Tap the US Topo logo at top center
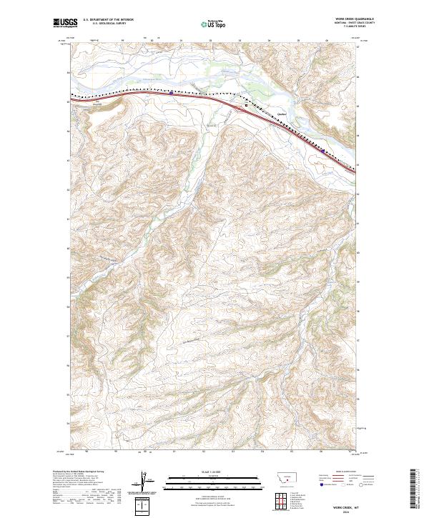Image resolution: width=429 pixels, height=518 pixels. pyautogui.click(x=214, y=24)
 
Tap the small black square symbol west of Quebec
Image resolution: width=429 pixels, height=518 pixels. pyautogui.click(x=247, y=105)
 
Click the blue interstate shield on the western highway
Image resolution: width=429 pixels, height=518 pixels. pyautogui.click(x=171, y=91)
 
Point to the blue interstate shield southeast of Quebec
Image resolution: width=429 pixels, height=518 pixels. pyautogui.click(x=323, y=151)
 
